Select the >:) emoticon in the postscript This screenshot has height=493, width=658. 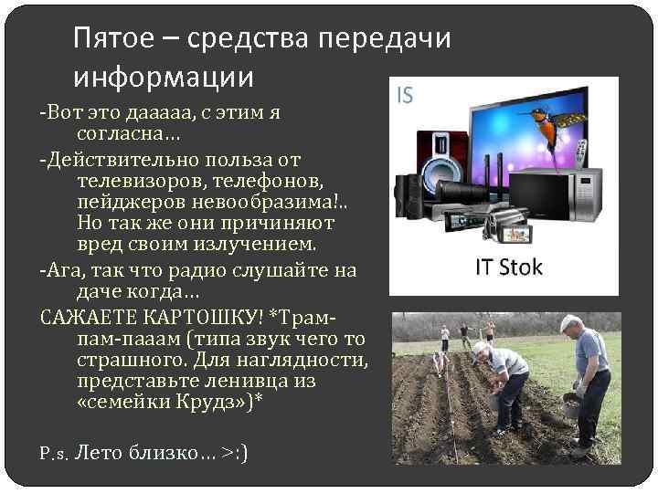[235, 453]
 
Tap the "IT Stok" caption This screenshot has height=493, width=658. [508, 267]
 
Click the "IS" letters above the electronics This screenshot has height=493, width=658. [406, 95]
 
